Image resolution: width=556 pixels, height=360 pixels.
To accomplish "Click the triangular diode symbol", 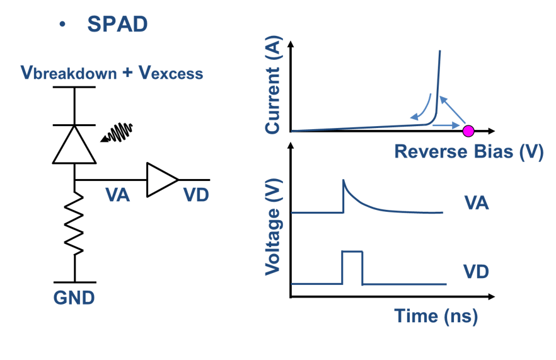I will [x=74, y=144].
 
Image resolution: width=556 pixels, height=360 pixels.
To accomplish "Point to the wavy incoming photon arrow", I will [x=117, y=132].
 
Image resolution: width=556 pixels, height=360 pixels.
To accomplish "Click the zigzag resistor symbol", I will [x=74, y=224].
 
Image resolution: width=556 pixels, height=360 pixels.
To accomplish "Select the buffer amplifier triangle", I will [x=160, y=179].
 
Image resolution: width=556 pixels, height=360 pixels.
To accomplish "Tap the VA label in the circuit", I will [x=117, y=195].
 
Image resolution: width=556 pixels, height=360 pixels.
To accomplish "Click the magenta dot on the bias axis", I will [x=468, y=131].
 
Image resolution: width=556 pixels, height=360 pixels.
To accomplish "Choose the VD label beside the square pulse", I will [x=477, y=272].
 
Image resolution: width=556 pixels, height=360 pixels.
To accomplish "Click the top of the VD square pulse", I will [x=352, y=252].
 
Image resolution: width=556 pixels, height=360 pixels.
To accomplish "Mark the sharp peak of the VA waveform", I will [x=343, y=180].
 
